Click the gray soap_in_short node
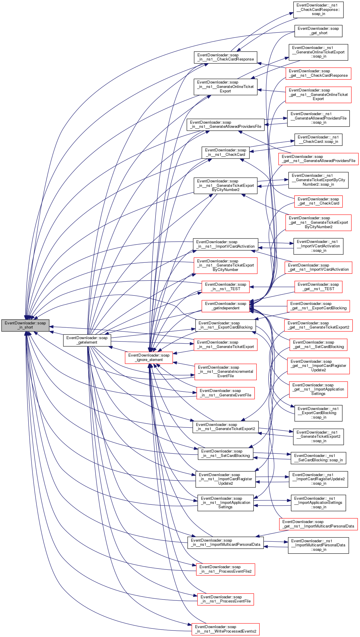[25, 325]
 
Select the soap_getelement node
[87, 340]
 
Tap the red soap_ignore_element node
[149, 357]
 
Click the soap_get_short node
[318, 31]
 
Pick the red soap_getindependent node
[226, 306]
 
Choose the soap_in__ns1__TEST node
[225, 287]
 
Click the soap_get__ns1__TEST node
[318, 287]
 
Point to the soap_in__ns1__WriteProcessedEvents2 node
[225, 629]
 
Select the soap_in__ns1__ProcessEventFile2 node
[225, 569]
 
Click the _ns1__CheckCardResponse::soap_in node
[318, 9]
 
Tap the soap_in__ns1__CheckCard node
[225, 152]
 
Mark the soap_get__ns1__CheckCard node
[318, 201]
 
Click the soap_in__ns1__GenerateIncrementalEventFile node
[225, 372]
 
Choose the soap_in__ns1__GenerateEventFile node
[225, 393]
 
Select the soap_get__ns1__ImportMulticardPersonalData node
[318, 524]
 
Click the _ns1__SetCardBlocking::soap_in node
[318, 458]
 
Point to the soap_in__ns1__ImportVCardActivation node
[225, 244]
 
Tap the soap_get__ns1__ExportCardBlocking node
[318, 306]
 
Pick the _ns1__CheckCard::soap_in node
[318, 139]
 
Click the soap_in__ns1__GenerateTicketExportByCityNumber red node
[225, 265]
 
